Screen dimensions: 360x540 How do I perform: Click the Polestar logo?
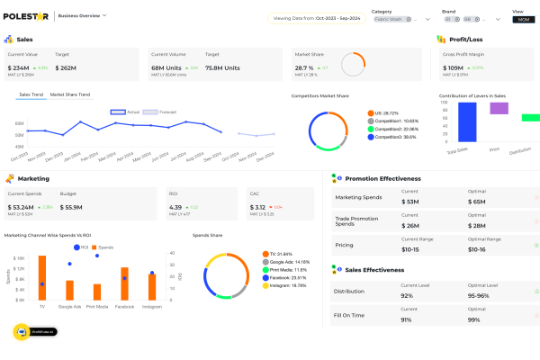[x=27, y=15]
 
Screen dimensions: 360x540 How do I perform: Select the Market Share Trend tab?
[x=70, y=94]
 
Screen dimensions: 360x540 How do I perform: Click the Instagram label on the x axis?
[x=151, y=307]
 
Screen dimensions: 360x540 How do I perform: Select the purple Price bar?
[x=499, y=108]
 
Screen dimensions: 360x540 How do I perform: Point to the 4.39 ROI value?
[x=175, y=207]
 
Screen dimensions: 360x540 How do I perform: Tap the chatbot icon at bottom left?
[x=22, y=331]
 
